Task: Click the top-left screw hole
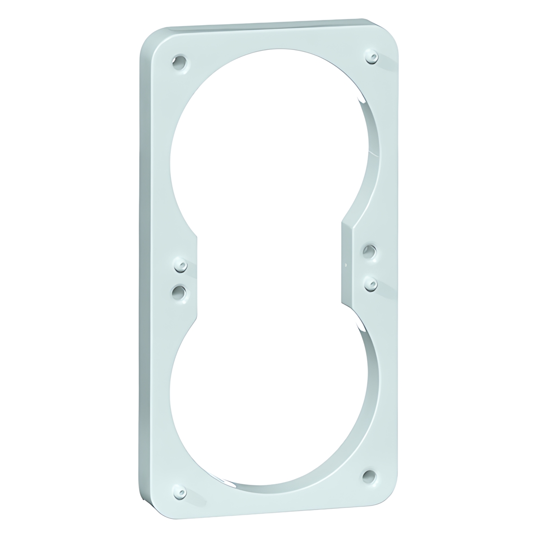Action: (x=180, y=63)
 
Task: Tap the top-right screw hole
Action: (x=372, y=57)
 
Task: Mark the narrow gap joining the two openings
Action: (x=269, y=269)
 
